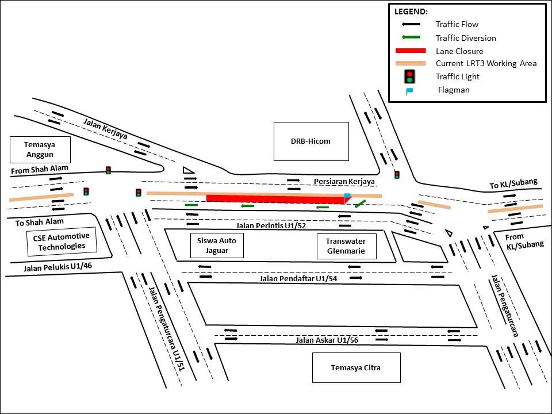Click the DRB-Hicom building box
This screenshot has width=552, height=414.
tap(311, 141)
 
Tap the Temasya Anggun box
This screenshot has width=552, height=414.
tap(40, 149)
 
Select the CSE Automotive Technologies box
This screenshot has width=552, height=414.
tap(62, 241)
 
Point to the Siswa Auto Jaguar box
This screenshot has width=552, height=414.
tap(217, 246)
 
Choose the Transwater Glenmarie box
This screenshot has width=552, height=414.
tap(346, 247)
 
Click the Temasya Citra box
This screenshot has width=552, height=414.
tap(356, 368)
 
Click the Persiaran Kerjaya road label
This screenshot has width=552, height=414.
tap(344, 182)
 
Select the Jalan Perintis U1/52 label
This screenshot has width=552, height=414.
tap(270, 225)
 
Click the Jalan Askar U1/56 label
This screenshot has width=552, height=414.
tap(327, 340)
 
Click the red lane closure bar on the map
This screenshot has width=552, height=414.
tap(275, 199)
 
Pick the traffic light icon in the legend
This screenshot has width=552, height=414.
tap(409, 76)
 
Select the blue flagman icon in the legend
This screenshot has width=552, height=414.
tap(409, 91)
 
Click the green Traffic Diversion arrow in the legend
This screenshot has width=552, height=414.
tap(410, 37)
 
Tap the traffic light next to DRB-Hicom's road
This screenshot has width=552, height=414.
tap(397, 174)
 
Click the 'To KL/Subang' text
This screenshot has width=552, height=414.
tap(513, 184)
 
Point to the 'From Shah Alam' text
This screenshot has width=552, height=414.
tap(39, 169)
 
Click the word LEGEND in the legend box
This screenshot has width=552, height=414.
tap(411, 11)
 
